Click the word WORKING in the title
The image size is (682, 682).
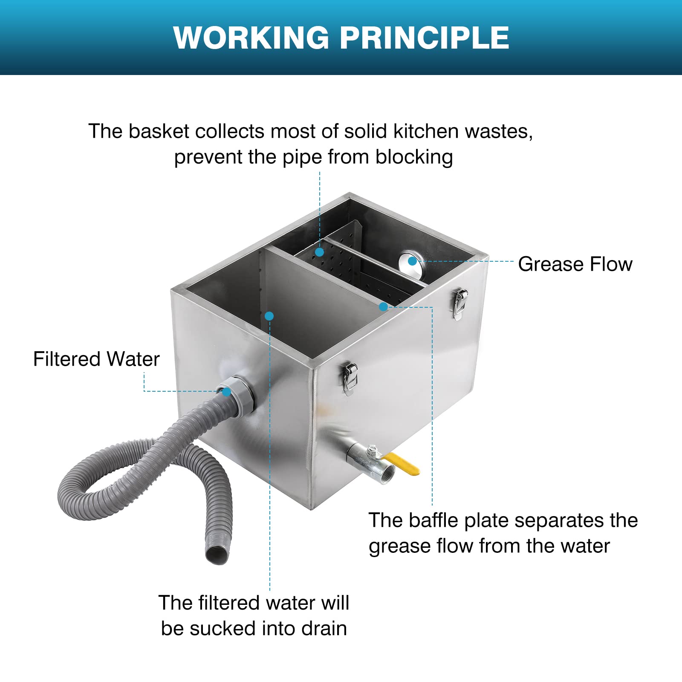251,38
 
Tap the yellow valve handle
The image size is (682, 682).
403,463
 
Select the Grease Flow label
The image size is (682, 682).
575,264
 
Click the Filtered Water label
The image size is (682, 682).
96,359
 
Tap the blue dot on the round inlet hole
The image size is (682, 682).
412,261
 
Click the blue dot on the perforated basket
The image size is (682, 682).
319,252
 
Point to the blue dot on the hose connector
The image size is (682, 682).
226,391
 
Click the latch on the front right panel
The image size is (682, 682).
350,377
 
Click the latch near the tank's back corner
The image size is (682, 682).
459,303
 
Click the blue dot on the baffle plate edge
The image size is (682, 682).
383,306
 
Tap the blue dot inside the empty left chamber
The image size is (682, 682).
269,316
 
